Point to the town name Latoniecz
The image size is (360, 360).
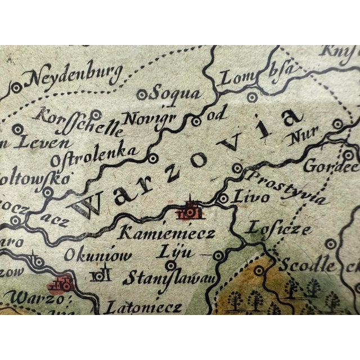coord(150,307)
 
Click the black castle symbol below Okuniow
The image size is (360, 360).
coord(102,275)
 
